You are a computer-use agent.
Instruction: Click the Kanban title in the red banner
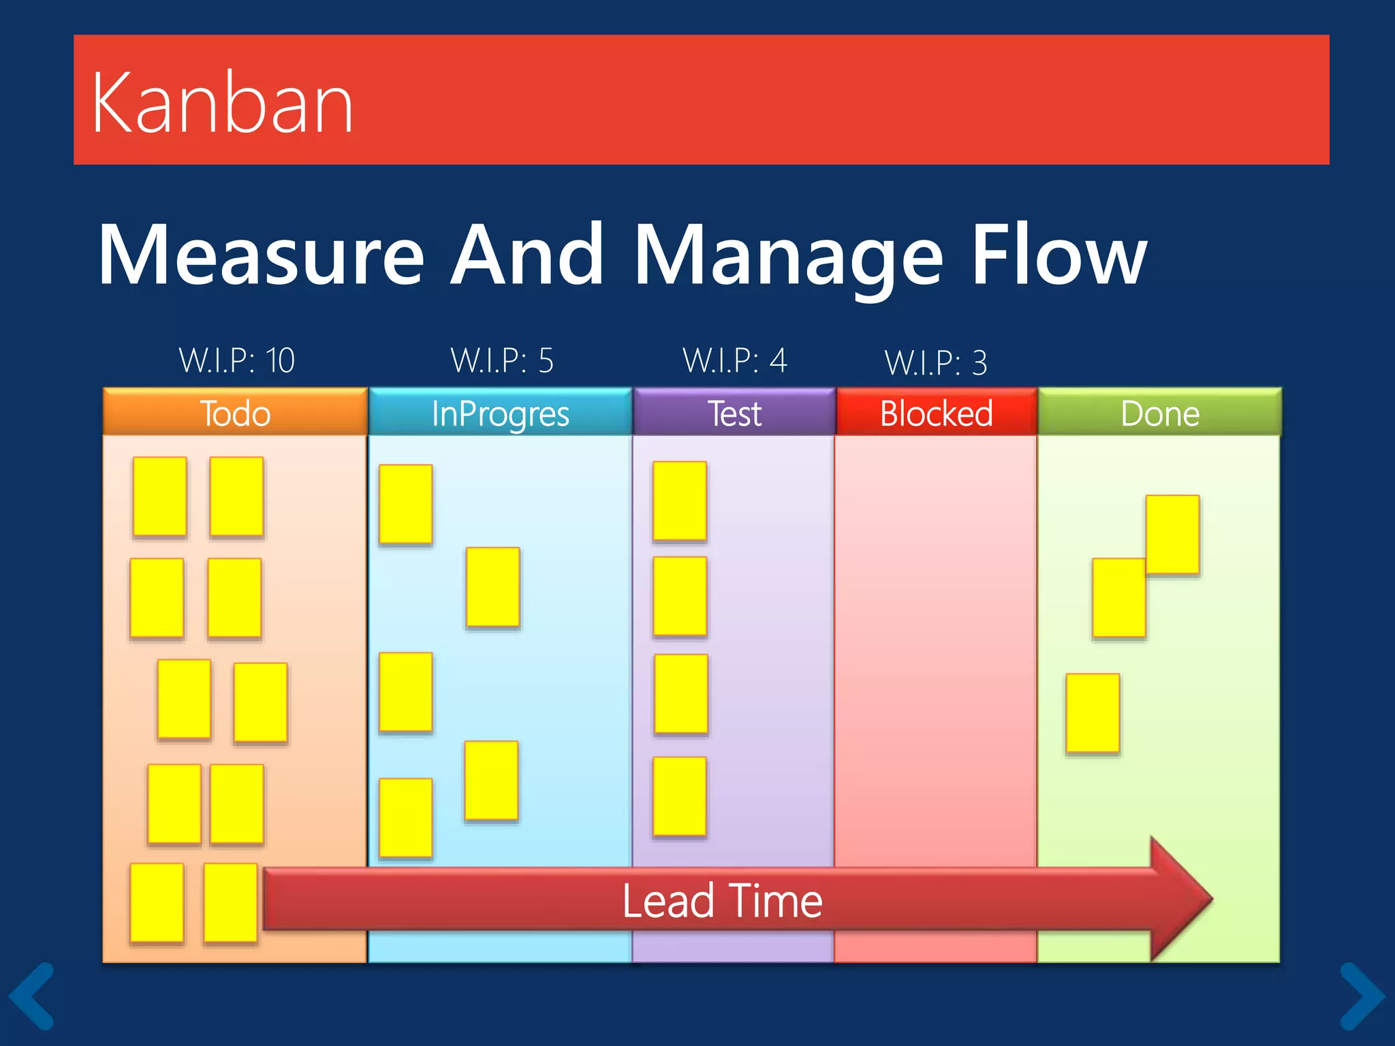point(223,104)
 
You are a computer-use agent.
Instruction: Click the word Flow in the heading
point(1059,255)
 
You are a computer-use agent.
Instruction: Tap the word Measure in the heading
point(262,255)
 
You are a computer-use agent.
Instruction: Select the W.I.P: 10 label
point(236,360)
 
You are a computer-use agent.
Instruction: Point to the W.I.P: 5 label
point(502,360)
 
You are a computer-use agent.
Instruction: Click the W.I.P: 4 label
point(734,360)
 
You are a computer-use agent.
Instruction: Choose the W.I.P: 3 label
point(935,362)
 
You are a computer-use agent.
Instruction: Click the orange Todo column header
point(235,413)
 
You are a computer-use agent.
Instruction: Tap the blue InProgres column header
point(501,413)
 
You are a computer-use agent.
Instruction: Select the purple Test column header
point(734,413)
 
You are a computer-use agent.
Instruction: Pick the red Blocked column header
point(937,413)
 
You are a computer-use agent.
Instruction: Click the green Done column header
point(1159,413)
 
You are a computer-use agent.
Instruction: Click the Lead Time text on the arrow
point(722,900)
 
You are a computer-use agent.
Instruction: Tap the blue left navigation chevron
point(33,996)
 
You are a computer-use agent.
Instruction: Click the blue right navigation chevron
point(1362,996)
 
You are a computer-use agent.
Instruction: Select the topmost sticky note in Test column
point(679,501)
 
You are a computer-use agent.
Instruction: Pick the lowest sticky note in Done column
point(1093,713)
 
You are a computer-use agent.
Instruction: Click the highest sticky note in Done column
point(1172,535)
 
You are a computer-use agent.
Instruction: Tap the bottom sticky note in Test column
point(679,796)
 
